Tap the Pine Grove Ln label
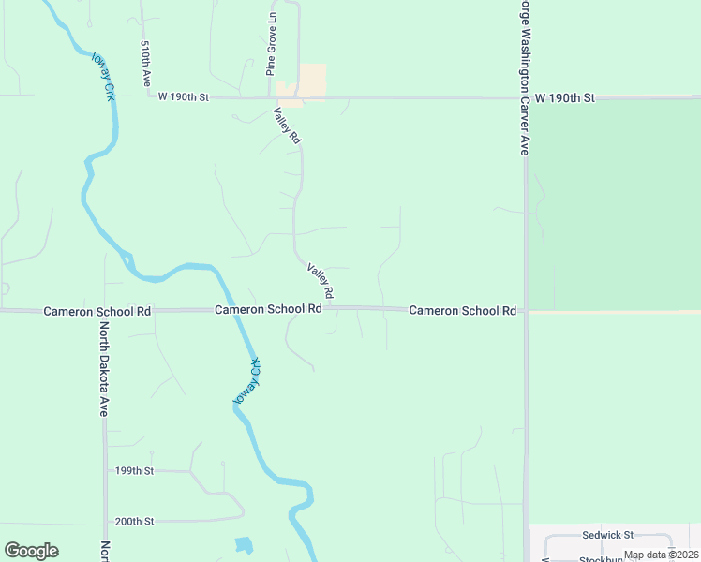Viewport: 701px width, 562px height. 271,44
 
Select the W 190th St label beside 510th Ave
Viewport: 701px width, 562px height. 183,96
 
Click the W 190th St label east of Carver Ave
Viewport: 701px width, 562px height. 565,97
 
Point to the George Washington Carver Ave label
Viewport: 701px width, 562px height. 524,75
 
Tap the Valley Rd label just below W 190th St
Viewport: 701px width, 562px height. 287,125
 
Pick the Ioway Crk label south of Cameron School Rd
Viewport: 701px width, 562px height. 246,381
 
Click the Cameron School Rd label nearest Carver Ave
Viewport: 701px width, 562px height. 463,310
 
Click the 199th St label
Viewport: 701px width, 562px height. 134,471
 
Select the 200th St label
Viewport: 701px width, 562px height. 134,522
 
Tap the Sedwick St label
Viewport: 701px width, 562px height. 608,535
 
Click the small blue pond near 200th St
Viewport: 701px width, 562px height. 244,544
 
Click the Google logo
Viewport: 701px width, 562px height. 31,551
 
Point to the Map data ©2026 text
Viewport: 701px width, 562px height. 661,555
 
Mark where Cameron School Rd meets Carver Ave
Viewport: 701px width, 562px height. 526,310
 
